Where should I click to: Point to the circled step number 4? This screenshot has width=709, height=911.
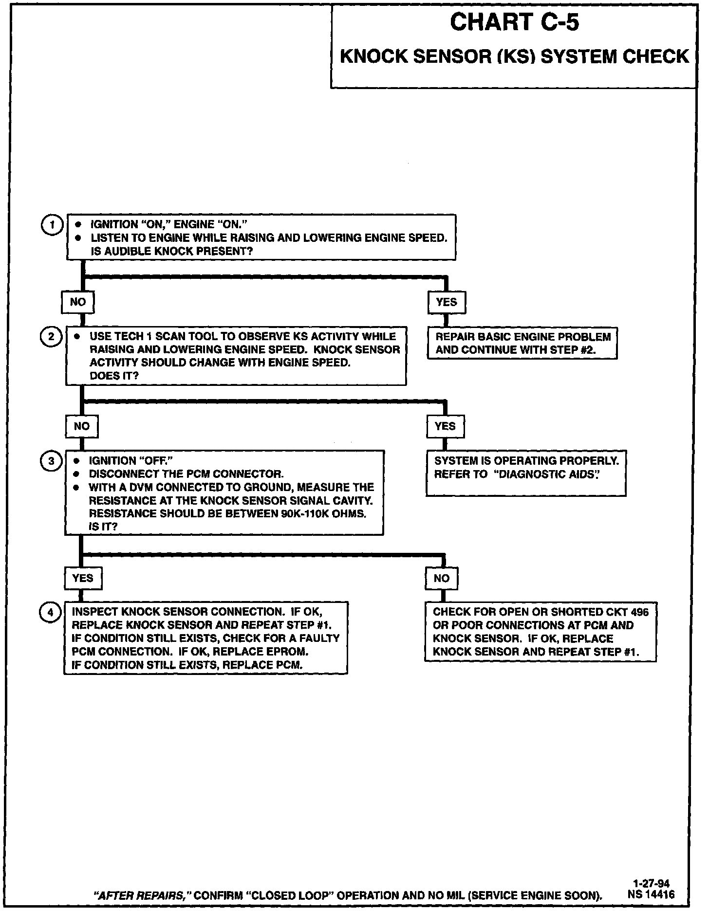pyautogui.click(x=50, y=613)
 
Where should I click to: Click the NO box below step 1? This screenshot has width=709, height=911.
pyautogui.click(x=77, y=302)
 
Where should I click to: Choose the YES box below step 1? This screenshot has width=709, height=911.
pyautogui.click(x=447, y=302)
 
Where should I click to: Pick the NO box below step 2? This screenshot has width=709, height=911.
pyautogui.click(x=81, y=427)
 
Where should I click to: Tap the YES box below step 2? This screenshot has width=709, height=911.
pyautogui.click(x=445, y=427)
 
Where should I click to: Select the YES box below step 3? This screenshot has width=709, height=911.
pyautogui.click(x=82, y=578)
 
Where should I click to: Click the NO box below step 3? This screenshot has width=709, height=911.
pyautogui.click(x=442, y=579)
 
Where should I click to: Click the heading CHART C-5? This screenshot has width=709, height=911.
pyautogui.click(x=514, y=22)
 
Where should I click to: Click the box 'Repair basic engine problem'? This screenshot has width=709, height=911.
pyautogui.click(x=522, y=343)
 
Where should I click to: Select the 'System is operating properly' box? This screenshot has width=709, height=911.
pyautogui.click(x=526, y=473)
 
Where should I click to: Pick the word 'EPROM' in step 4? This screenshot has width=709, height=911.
pyautogui.click(x=287, y=652)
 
